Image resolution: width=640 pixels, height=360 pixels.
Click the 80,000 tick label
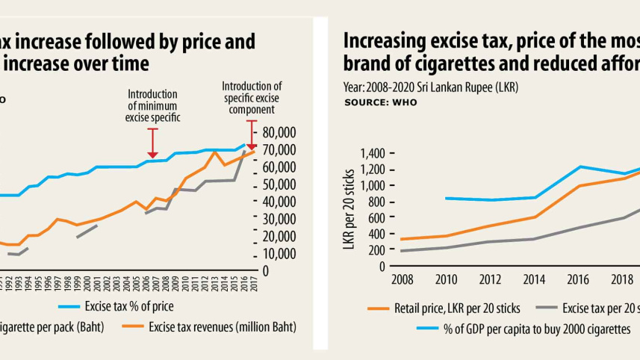[x=279, y=132]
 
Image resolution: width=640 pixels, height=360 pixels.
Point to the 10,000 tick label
[x=279, y=254]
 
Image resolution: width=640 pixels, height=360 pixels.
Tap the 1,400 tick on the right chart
[x=372, y=153]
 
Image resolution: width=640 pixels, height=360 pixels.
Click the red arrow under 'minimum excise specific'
[x=153, y=143]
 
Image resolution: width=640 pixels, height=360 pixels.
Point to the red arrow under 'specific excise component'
[x=252, y=134]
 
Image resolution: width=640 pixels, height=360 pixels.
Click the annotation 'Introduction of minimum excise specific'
[x=153, y=105]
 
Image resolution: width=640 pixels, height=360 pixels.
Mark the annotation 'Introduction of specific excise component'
[x=252, y=97]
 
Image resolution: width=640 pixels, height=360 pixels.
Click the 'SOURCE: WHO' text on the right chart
[x=381, y=102]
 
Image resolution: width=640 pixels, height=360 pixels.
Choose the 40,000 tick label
[x=279, y=202]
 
